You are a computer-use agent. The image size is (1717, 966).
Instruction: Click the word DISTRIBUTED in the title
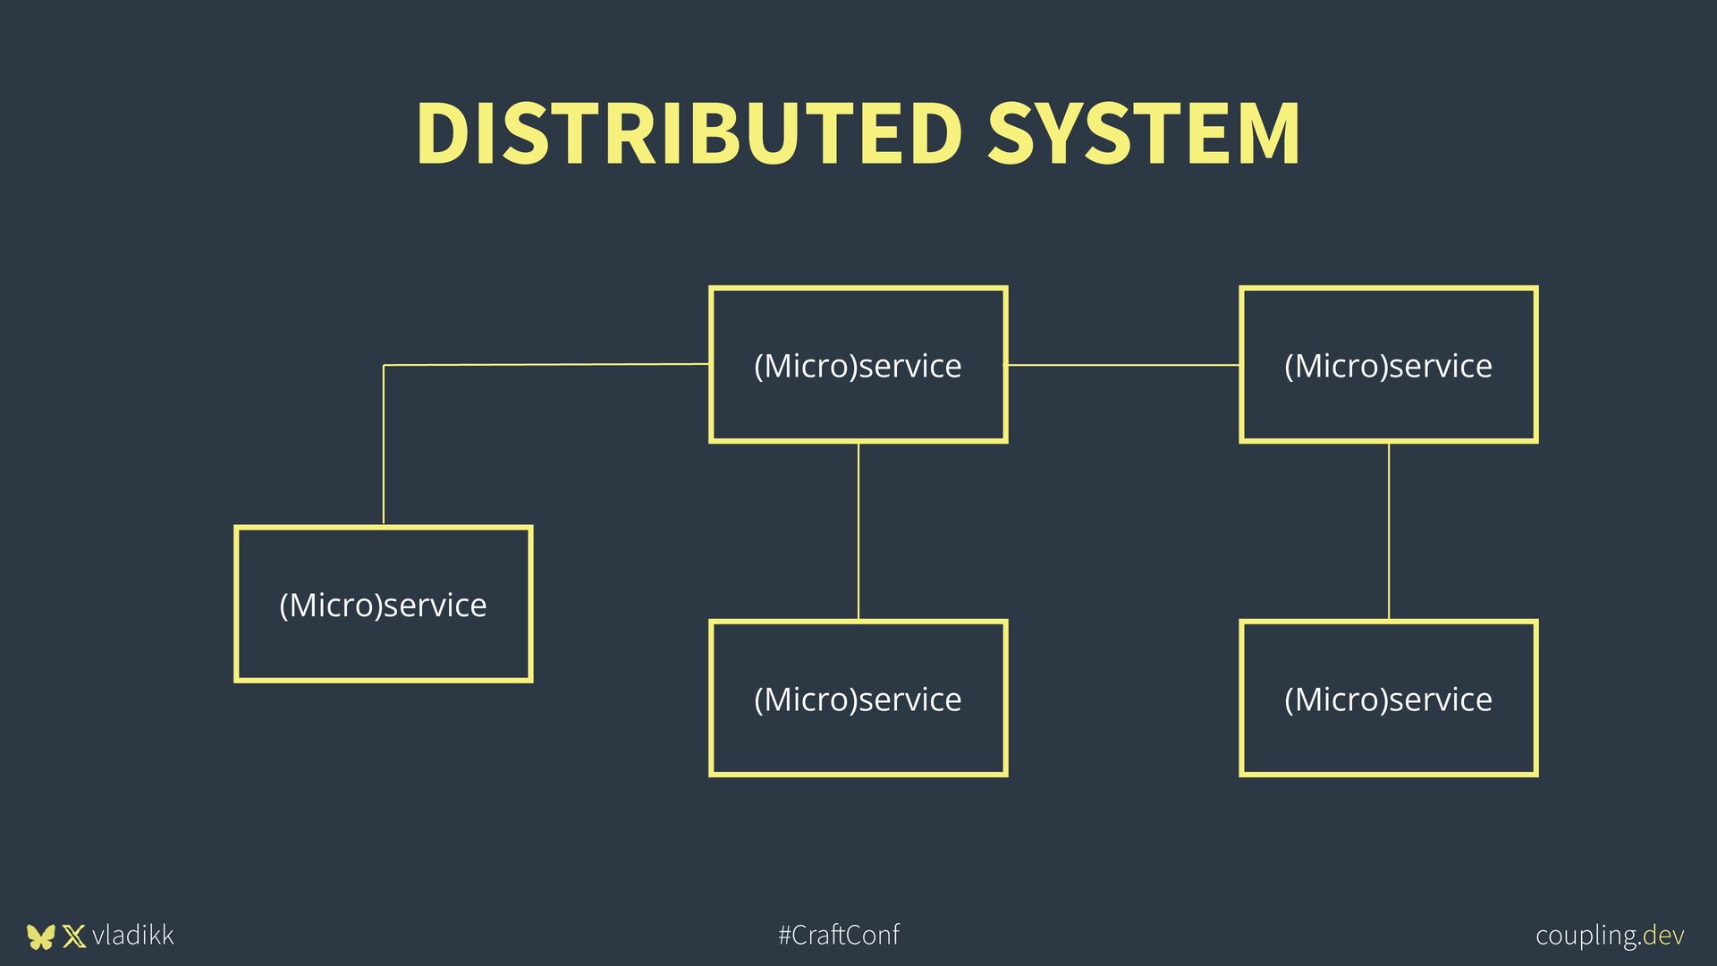(x=689, y=133)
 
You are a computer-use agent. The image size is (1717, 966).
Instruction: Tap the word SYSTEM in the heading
(x=1144, y=133)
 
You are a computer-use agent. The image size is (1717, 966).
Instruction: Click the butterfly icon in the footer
(x=40, y=936)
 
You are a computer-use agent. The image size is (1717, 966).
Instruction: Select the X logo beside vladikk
(x=74, y=936)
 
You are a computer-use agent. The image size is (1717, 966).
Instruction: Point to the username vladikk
(x=132, y=936)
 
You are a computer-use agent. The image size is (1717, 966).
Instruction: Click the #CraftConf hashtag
(x=839, y=936)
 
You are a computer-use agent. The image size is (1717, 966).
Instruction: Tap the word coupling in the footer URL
(x=1587, y=936)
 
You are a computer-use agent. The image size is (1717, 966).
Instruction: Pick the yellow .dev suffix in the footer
(x=1663, y=936)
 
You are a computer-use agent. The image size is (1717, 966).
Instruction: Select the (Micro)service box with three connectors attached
(x=858, y=365)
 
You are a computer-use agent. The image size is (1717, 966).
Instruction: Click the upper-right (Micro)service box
(x=1388, y=365)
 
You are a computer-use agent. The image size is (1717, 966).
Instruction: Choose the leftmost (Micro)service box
(x=384, y=605)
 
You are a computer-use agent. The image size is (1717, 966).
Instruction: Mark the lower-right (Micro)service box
(x=1388, y=699)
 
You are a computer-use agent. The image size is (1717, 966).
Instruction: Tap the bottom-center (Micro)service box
(x=858, y=699)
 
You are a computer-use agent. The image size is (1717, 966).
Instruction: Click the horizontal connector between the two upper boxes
(x=1123, y=365)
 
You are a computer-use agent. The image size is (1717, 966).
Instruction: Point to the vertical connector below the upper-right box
(x=1389, y=531)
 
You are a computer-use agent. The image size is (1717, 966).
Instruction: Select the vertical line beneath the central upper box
(x=858, y=531)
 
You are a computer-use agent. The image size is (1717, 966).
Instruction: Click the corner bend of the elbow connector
(x=385, y=366)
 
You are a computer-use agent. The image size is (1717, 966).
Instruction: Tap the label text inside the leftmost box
(x=384, y=606)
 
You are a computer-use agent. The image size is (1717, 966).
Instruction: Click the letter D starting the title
(x=444, y=133)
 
